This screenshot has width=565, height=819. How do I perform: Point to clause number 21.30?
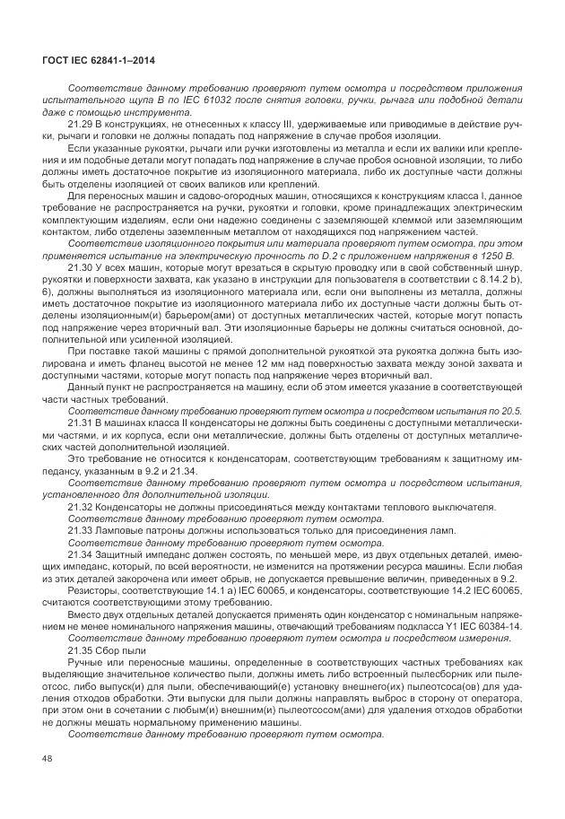pos(81,268)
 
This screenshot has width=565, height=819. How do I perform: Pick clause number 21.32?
pos(81,506)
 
